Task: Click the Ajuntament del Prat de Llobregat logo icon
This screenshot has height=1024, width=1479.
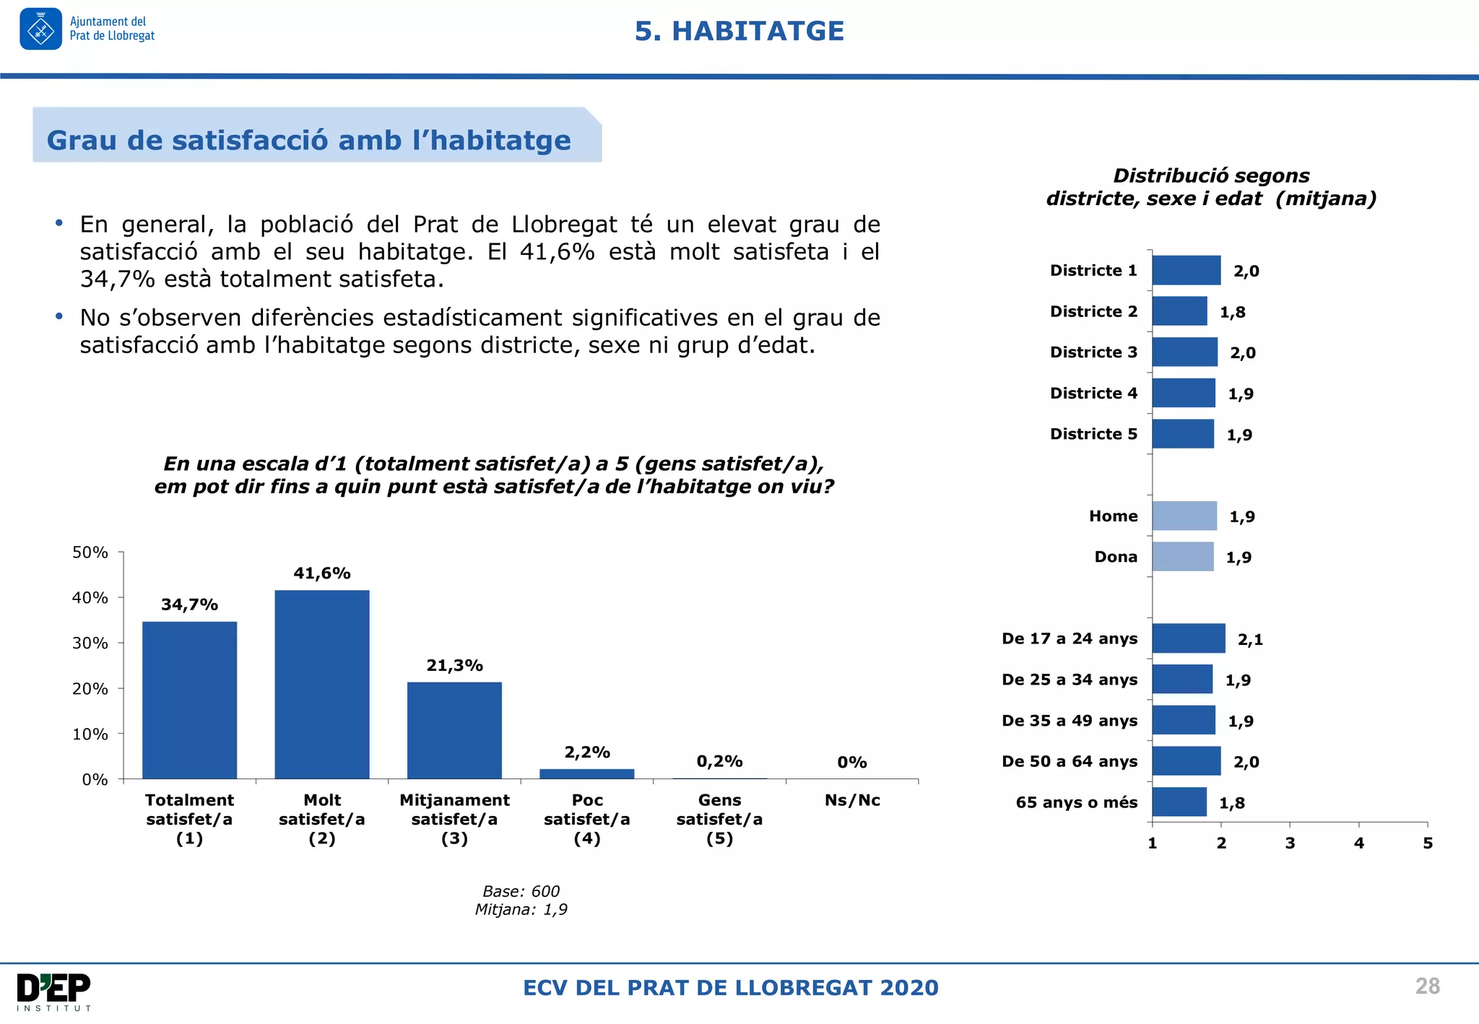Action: click(x=41, y=29)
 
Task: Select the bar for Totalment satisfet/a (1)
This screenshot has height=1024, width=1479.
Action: click(x=189, y=700)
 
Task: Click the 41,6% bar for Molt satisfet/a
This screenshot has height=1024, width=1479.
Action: click(x=322, y=684)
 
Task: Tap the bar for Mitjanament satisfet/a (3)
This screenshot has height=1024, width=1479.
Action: click(x=454, y=730)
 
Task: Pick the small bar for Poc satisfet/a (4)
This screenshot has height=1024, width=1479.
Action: click(x=586, y=773)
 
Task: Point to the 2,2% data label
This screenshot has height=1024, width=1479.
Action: click(x=587, y=752)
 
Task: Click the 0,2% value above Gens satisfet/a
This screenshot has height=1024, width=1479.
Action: click(x=719, y=761)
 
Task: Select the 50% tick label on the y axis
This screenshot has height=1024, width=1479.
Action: click(x=90, y=552)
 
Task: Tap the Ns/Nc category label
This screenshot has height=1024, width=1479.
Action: click(x=852, y=800)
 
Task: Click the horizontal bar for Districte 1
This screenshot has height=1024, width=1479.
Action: click(x=1186, y=270)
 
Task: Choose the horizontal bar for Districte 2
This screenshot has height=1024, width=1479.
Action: click(x=1179, y=311)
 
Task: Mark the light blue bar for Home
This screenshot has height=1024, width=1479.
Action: click(x=1184, y=516)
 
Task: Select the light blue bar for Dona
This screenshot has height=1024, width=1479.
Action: click(x=1183, y=557)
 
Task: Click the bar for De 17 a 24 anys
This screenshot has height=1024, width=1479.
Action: click(x=1189, y=638)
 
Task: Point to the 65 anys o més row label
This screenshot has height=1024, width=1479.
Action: click(x=1076, y=802)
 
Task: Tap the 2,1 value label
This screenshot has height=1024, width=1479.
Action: click(x=1250, y=639)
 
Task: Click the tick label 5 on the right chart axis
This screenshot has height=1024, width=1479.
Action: click(x=1428, y=843)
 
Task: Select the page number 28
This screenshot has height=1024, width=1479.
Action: click(x=1427, y=986)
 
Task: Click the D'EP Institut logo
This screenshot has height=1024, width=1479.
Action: click(x=54, y=992)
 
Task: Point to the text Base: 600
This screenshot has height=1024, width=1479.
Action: click(x=521, y=891)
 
